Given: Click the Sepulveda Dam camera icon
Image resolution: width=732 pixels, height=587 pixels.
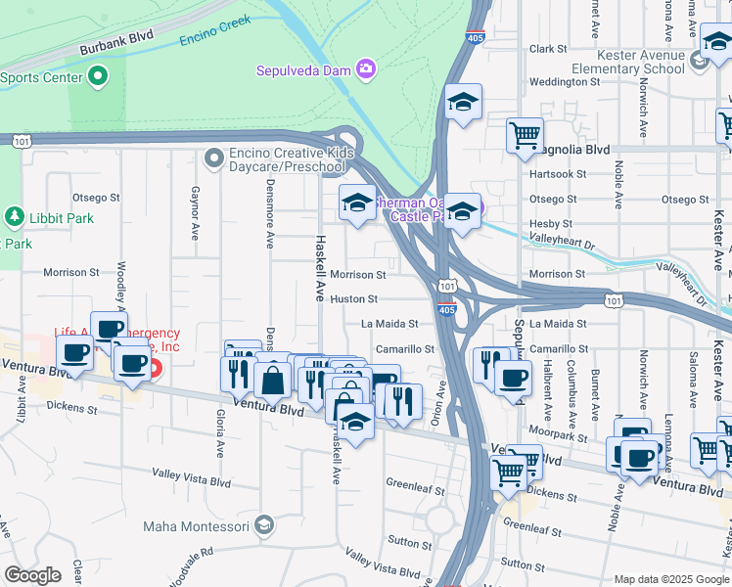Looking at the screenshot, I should tap(366, 68).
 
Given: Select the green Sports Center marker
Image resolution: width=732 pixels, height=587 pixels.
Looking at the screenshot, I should tap(98, 75).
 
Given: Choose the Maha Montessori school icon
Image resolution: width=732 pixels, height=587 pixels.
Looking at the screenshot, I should tap(263, 526).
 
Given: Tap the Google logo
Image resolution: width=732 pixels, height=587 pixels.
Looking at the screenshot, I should tap(32, 575).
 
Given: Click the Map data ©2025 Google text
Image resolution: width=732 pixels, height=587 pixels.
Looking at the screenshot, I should tap(670, 579).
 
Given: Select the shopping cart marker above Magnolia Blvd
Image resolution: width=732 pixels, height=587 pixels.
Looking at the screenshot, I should tap(525, 134).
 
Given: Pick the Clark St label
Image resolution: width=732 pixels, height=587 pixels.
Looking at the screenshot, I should tap(548, 49).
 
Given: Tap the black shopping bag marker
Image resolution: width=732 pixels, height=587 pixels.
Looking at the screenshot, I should tap(273, 381).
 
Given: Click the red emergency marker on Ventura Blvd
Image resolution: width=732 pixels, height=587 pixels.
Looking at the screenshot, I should tap(154, 369).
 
